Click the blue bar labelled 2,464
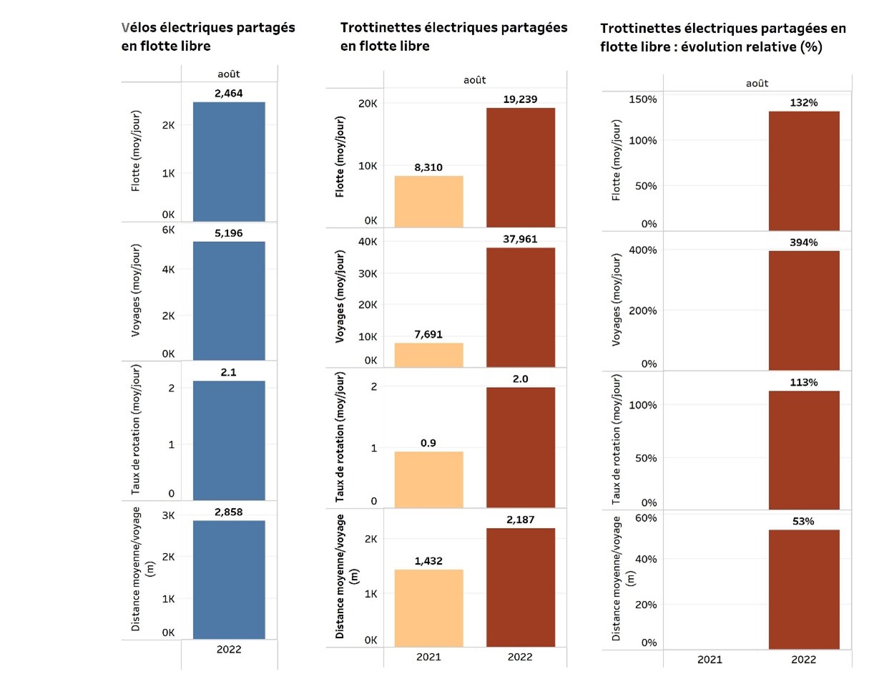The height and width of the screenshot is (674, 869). (229, 162)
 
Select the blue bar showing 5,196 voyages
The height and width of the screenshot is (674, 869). (229, 301)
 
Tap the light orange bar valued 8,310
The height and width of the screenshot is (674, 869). (428, 201)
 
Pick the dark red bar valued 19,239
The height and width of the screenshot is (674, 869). (520, 167)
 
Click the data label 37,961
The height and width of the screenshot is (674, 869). (520, 239)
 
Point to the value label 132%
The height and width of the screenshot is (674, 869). (804, 102)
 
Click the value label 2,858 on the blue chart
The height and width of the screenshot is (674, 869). (229, 512)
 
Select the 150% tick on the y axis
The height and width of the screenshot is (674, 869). (642, 99)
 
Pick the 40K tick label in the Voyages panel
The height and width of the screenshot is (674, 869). (367, 241)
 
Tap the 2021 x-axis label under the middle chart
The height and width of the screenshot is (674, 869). (428, 657)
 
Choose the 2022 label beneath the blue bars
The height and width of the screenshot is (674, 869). (229, 649)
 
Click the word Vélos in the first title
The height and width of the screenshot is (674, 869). (140, 28)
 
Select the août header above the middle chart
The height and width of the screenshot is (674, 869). (474, 80)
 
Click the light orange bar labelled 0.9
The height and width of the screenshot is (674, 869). (428, 479)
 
